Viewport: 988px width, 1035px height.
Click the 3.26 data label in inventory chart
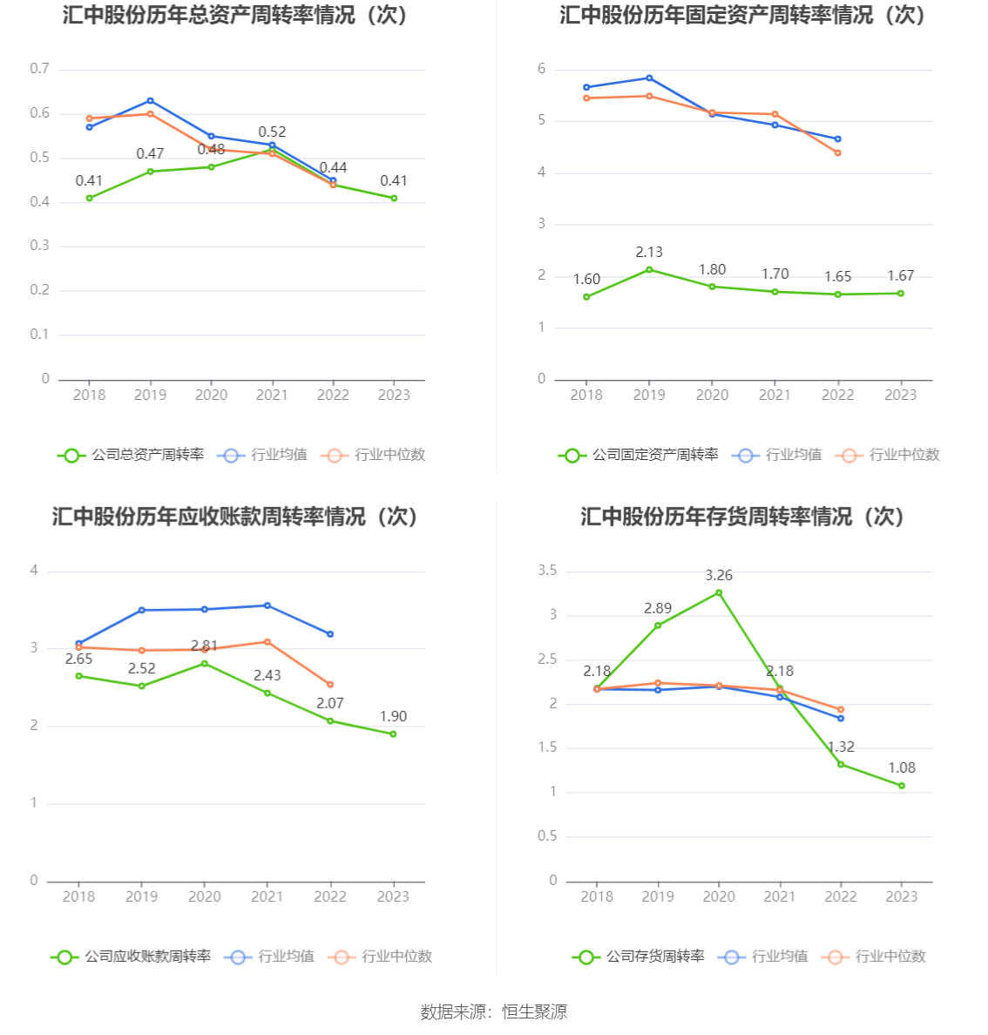coord(719,575)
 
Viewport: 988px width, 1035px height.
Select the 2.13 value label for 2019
coord(649,252)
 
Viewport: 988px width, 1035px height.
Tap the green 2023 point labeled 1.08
coord(902,786)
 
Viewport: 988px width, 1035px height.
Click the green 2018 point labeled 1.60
coord(586,297)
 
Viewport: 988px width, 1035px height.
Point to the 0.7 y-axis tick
coord(40,69)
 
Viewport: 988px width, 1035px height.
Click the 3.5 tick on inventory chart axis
coord(547,571)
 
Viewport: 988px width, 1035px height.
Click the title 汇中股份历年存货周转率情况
coord(742,517)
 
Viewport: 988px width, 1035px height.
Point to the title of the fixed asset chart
coord(742,15)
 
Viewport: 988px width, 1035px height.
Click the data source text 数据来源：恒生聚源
coord(494,1011)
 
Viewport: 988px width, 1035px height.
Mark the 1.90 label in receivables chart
coord(393,716)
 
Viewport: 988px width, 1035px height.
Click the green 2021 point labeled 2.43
coord(267,693)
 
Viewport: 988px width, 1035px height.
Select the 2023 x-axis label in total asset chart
coord(394,395)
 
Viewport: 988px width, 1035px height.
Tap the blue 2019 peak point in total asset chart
coord(150,101)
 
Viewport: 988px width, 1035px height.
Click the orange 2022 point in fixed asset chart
coord(838,152)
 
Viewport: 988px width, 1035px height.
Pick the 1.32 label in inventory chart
coord(841,747)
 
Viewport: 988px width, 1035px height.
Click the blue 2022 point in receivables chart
coord(330,634)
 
